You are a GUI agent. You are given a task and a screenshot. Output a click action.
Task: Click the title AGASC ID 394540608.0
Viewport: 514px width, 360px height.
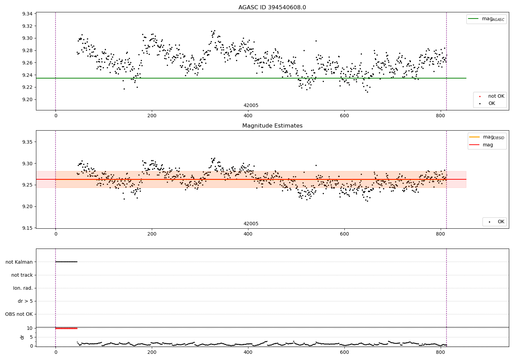[x=272, y=8]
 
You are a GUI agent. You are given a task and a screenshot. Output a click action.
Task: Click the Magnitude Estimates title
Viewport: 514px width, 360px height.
[x=272, y=126]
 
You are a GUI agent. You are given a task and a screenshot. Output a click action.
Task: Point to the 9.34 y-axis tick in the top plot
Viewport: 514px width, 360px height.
[x=27, y=14]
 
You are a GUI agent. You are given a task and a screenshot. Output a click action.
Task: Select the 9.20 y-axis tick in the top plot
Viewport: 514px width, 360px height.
[x=27, y=99]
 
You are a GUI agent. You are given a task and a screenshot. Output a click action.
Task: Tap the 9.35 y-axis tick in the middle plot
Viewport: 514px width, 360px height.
[x=27, y=142]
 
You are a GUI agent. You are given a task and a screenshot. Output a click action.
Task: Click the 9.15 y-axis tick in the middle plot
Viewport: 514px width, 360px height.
[x=27, y=228]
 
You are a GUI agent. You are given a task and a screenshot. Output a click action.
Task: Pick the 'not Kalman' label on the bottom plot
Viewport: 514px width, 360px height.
[x=19, y=262]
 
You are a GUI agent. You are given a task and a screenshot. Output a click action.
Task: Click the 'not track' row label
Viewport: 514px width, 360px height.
[x=22, y=275]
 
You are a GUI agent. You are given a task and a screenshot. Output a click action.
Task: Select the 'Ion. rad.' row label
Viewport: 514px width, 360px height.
[x=23, y=288]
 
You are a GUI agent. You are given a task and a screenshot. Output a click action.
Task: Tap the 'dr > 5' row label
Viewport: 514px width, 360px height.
[x=25, y=301]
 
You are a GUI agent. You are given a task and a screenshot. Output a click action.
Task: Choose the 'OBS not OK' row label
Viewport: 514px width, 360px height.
[x=19, y=314]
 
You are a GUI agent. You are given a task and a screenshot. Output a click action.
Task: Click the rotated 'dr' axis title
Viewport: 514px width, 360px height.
[x=22, y=337]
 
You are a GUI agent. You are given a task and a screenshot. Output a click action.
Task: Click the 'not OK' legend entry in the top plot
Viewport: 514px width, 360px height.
[x=496, y=96]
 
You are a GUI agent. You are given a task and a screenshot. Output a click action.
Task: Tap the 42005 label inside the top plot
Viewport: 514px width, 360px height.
[x=251, y=106]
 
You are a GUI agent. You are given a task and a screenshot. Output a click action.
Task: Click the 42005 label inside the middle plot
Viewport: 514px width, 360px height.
[x=251, y=224]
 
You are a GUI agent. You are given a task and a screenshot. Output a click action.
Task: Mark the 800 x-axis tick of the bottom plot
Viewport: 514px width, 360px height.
[x=440, y=352]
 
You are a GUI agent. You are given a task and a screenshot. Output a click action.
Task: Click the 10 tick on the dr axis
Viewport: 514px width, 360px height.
[x=30, y=328]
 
